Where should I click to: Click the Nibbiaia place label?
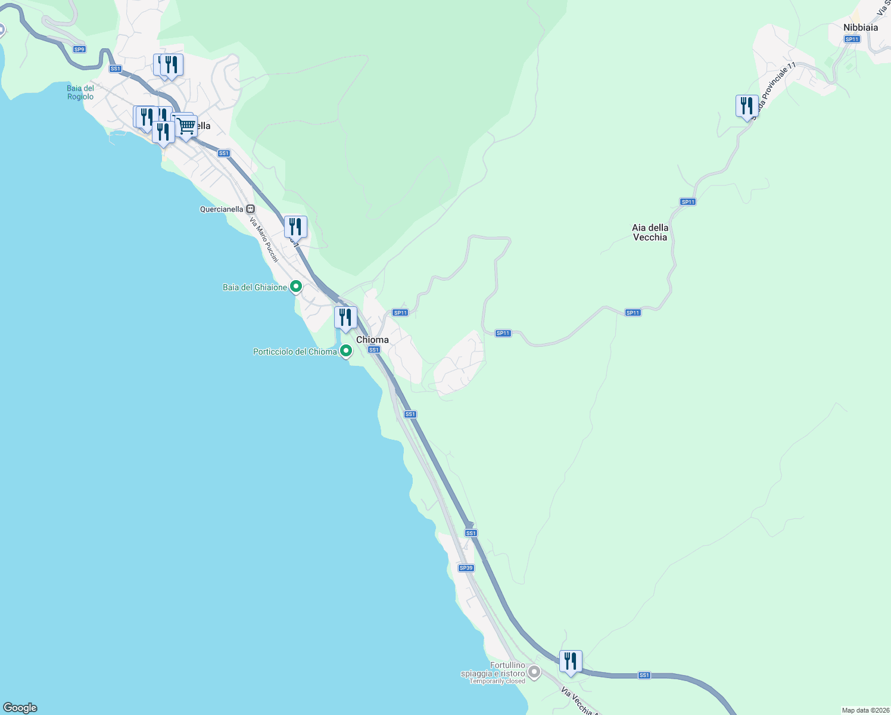click(x=860, y=27)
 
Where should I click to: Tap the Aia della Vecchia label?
click(x=650, y=232)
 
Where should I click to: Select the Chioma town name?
click(x=372, y=340)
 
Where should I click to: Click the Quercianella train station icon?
click(x=251, y=209)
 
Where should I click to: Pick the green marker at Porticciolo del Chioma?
click(x=345, y=351)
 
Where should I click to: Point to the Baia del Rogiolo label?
click(x=80, y=92)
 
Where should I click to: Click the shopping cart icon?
click(x=186, y=126)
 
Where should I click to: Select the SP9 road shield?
click(x=79, y=49)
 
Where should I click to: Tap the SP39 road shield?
click(x=466, y=568)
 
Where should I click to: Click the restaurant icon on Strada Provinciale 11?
click(x=746, y=106)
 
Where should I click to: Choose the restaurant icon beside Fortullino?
click(x=571, y=661)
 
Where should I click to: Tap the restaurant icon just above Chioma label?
click(x=345, y=318)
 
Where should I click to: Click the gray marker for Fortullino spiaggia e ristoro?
click(x=534, y=672)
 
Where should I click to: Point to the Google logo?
click(x=20, y=708)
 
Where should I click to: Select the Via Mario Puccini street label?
click(x=264, y=240)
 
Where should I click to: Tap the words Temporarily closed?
click(x=497, y=681)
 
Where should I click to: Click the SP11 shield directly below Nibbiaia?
click(x=852, y=39)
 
